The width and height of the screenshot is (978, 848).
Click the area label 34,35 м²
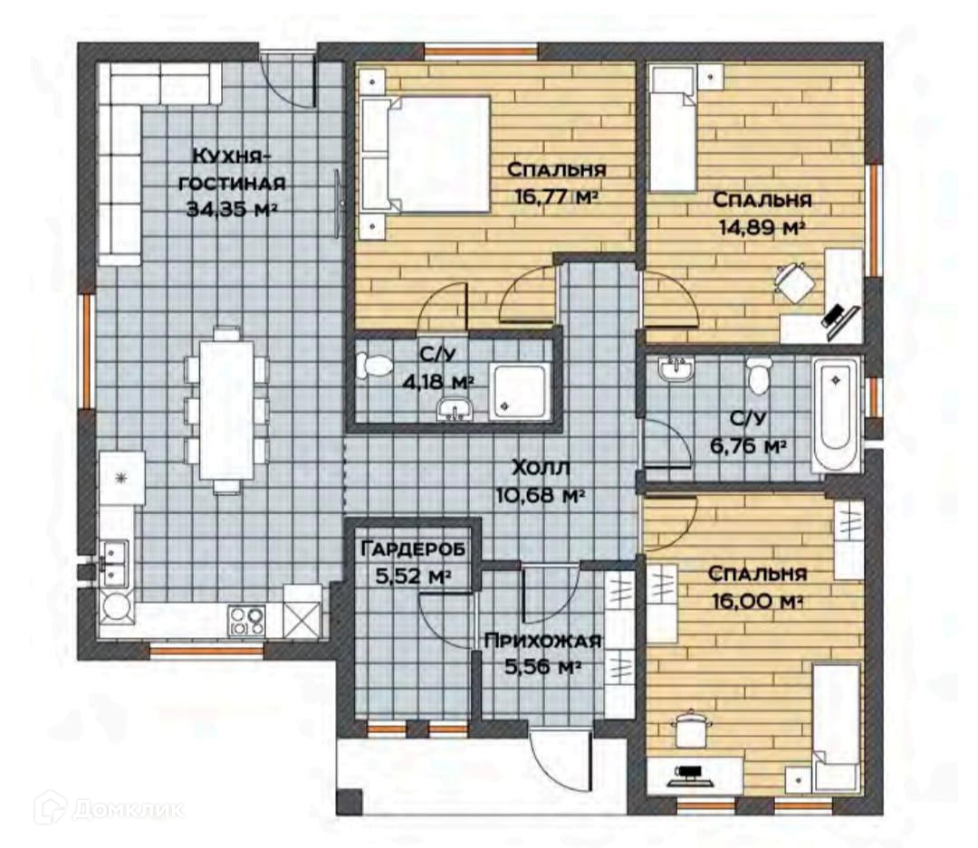coord(232,209)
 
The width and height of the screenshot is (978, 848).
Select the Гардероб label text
coord(413,549)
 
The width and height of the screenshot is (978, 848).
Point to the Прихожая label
coord(542,640)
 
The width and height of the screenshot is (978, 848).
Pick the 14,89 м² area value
coord(761,227)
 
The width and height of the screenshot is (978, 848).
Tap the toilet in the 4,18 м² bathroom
coord(374,366)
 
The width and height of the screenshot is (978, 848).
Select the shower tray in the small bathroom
coord(520,391)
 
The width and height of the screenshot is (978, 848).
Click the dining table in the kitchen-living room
coord(226,410)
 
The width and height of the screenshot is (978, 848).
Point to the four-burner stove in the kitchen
coord(246,621)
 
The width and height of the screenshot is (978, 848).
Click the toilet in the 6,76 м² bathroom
coord(759,375)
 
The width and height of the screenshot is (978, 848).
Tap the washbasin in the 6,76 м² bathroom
coord(675,369)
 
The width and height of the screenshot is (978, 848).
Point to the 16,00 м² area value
coord(756,602)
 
